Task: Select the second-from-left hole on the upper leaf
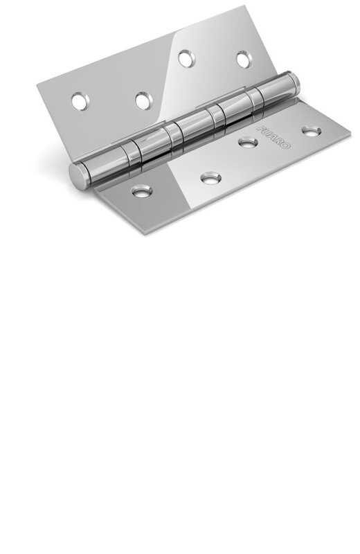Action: tap(143, 101)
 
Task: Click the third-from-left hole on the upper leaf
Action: tap(186, 59)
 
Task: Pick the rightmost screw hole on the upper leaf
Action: tap(242, 60)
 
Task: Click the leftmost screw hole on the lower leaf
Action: tap(142, 188)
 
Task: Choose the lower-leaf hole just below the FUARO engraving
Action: tap(245, 143)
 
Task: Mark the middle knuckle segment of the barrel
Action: tap(188, 129)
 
